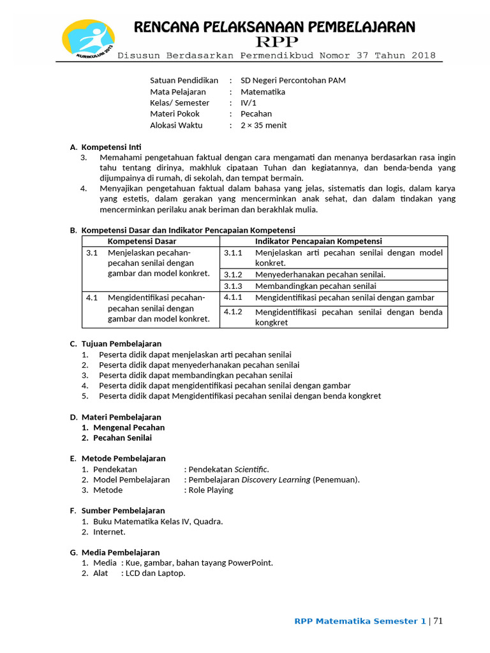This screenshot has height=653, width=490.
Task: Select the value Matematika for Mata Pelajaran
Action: (x=263, y=92)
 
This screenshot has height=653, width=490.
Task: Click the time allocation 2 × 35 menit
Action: (x=264, y=125)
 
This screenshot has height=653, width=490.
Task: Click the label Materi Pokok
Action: (x=175, y=114)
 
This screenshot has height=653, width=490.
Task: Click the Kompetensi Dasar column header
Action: (x=142, y=241)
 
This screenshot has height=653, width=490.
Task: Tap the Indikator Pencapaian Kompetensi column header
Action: (x=318, y=241)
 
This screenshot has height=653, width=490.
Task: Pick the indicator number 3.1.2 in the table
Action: (x=233, y=274)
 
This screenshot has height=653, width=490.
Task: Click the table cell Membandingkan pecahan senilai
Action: (x=315, y=286)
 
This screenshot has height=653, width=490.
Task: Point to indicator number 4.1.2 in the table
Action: (x=233, y=312)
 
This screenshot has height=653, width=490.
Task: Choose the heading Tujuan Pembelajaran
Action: (x=121, y=344)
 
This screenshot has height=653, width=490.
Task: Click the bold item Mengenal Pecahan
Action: (x=129, y=427)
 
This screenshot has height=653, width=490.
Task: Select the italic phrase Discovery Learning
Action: (x=276, y=480)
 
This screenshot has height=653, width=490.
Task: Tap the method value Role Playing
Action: (x=211, y=490)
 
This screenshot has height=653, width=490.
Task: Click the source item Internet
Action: (x=109, y=532)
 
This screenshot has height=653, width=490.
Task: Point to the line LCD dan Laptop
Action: (x=155, y=573)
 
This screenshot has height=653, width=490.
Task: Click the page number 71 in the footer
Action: (x=439, y=621)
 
